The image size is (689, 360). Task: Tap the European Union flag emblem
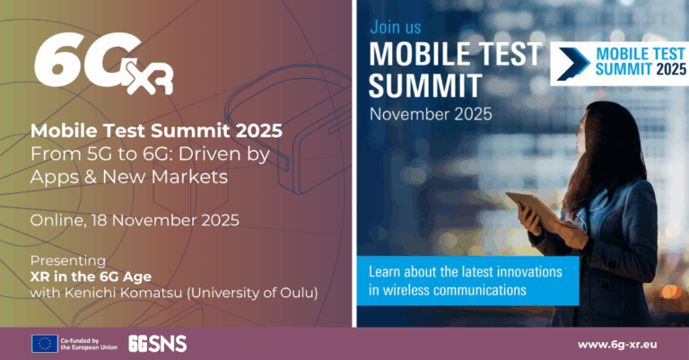pos(44,342)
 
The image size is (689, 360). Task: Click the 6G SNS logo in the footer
pos(157,342)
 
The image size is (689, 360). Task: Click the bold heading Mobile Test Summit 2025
pos(156,131)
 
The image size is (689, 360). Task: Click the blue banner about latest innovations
pos(467,280)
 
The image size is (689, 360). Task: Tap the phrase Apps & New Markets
pos(128,178)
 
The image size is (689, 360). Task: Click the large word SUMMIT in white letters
pos(425,87)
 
